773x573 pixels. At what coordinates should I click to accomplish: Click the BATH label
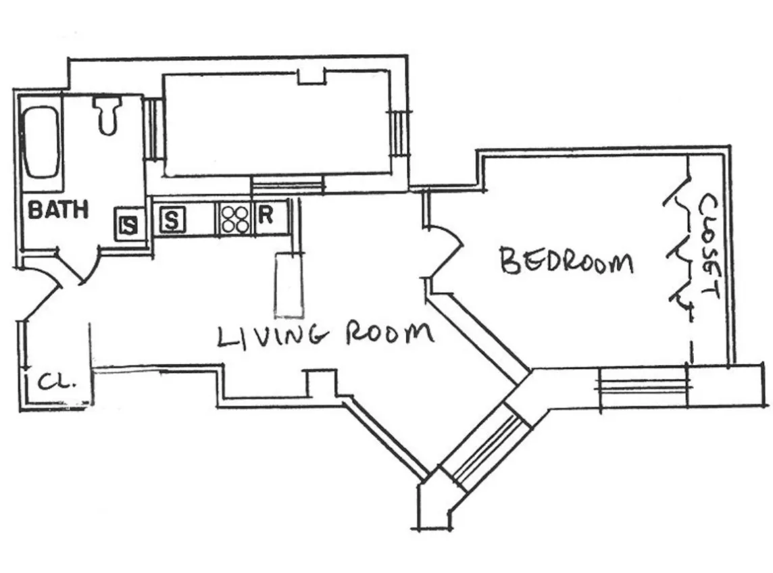click(x=57, y=209)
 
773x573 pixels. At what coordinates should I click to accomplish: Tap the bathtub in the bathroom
click(x=41, y=143)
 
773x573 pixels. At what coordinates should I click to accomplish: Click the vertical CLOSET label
click(x=707, y=247)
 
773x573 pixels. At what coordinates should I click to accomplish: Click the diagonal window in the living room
click(x=485, y=447)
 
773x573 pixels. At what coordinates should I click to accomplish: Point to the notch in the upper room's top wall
click(x=311, y=76)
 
